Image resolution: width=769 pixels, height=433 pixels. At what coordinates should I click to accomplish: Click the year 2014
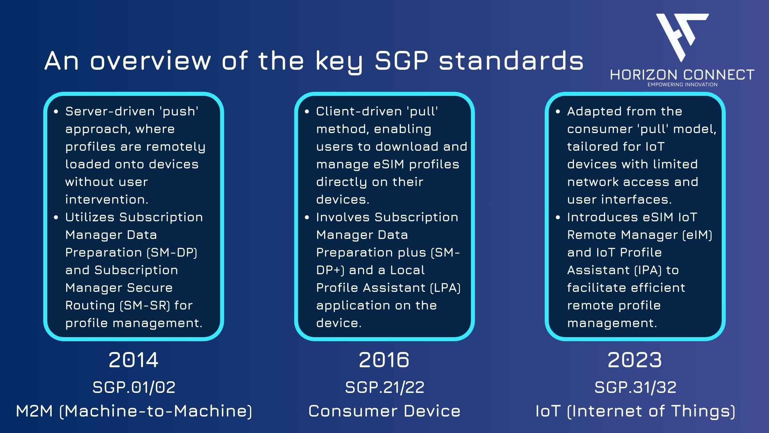(133, 360)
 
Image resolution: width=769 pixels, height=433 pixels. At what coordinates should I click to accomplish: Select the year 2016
(384, 360)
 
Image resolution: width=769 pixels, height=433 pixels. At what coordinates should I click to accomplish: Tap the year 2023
(635, 360)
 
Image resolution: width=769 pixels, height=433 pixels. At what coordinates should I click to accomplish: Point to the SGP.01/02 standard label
(134, 387)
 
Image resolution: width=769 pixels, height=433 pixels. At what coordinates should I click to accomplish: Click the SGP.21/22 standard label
(384, 387)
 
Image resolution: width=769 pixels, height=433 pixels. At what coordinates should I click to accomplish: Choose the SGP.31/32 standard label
(635, 387)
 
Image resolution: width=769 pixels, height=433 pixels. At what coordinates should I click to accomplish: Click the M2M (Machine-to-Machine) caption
(134, 411)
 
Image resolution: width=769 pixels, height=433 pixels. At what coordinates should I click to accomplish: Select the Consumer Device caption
(384, 411)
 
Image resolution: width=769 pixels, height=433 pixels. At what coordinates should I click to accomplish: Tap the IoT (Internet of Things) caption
(635, 411)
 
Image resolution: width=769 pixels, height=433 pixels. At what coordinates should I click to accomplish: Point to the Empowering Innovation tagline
(682, 85)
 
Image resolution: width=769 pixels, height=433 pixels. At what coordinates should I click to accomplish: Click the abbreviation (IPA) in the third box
(648, 270)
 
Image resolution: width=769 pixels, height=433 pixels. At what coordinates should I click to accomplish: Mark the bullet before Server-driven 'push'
(56, 111)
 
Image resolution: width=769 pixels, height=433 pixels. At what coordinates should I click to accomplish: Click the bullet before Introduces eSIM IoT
(558, 217)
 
